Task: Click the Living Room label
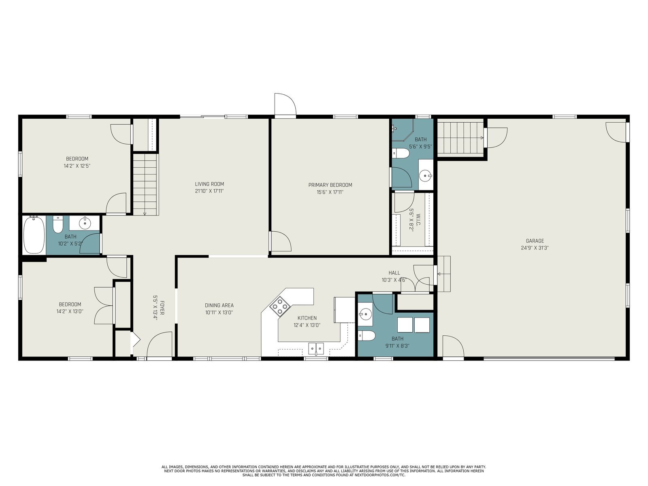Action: (209, 184)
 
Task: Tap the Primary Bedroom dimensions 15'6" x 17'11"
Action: (330, 192)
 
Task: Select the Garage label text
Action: (535, 241)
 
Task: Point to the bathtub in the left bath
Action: (34, 235)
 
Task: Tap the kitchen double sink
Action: (316, 348)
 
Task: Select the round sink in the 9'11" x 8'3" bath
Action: (366, 313)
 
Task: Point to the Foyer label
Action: (162, 307)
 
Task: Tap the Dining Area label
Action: (219, 305)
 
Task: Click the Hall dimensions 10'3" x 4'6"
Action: (394, 280)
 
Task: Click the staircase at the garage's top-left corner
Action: (460, 138)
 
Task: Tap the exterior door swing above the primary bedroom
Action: (285, 104)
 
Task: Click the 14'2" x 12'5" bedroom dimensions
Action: (77, 166)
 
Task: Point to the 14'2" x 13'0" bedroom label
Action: (70, 304)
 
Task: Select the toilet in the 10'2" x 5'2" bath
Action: (58, 226)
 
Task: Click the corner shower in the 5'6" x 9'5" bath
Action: (403, 130)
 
